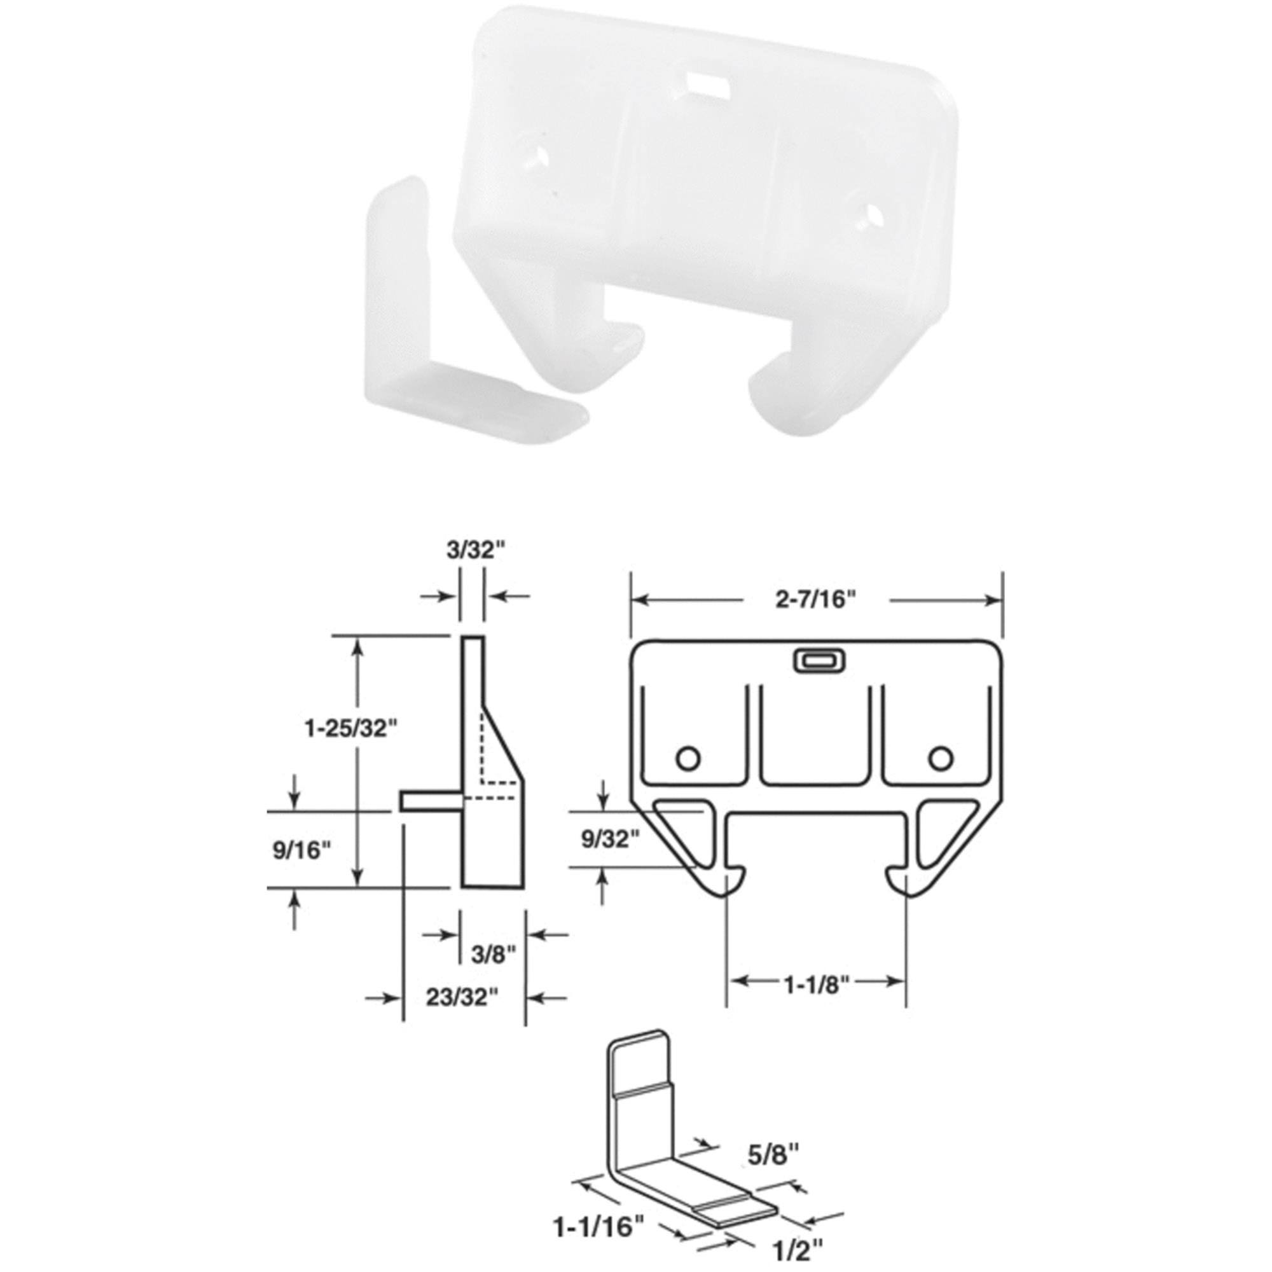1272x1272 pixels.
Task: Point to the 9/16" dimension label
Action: tap(301, 850)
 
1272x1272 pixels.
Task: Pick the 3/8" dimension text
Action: tap(492, 954)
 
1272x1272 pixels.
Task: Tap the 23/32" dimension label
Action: tap(460, 1015)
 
